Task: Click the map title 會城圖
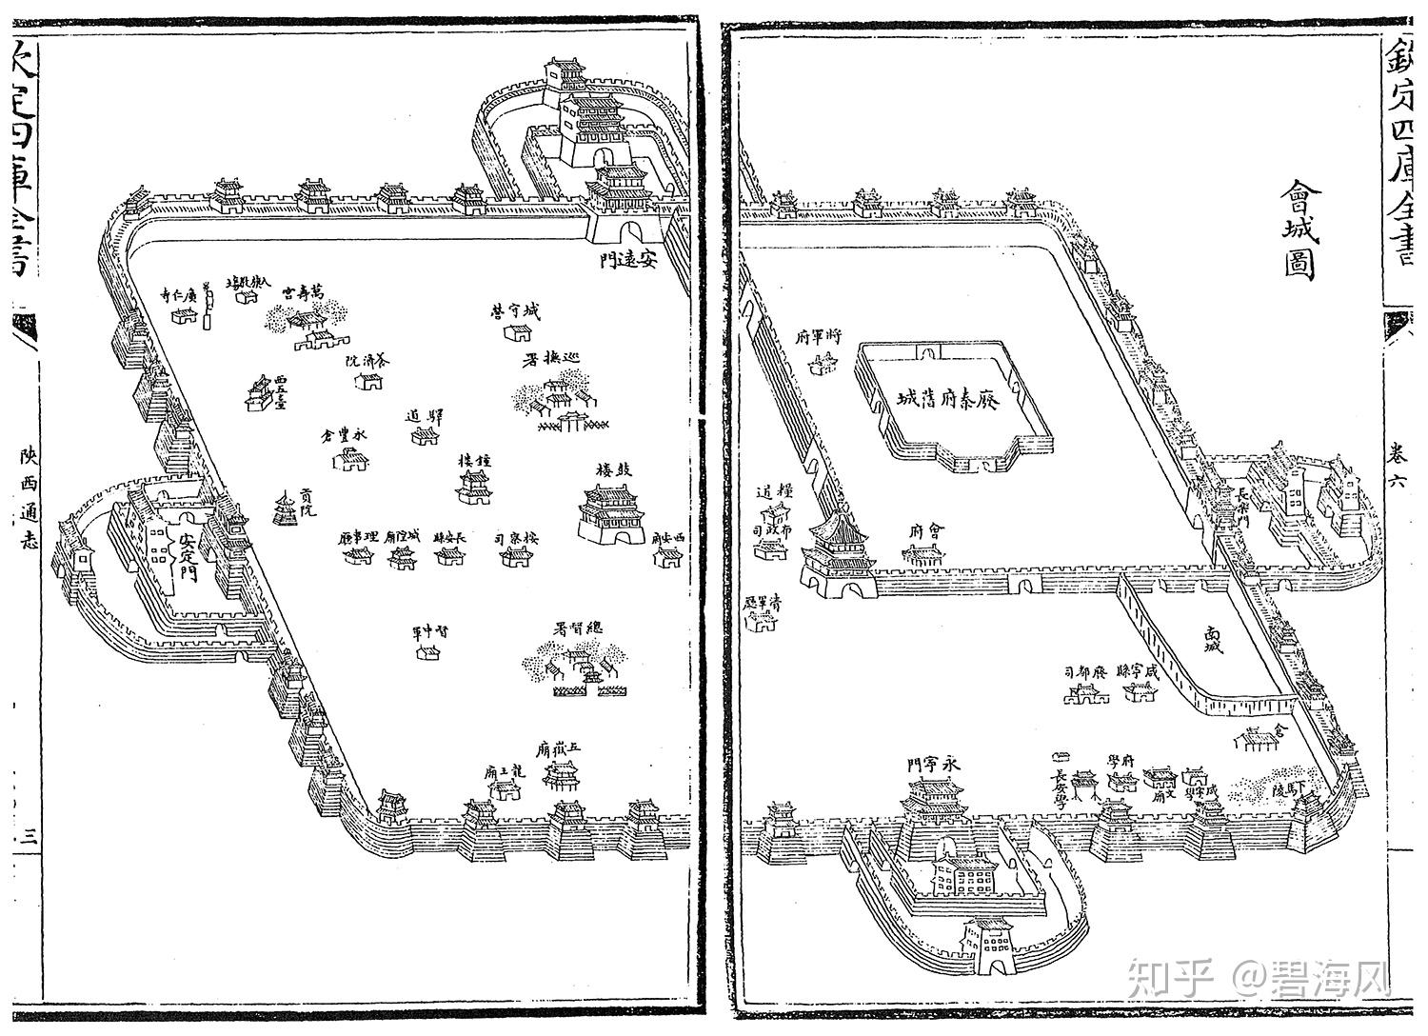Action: tap(1299, 229)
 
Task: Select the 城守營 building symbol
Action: tap(517, 332)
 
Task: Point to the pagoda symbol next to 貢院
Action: tap(285, 510)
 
